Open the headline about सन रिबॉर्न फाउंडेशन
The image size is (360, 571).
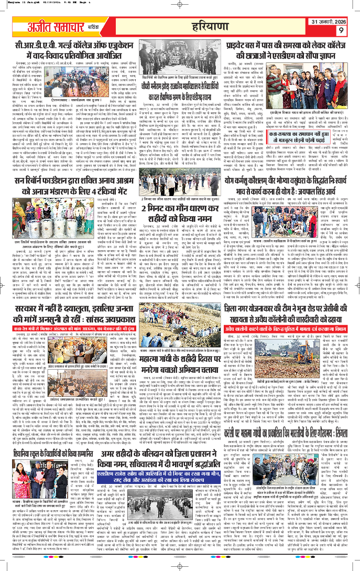point(78,197)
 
